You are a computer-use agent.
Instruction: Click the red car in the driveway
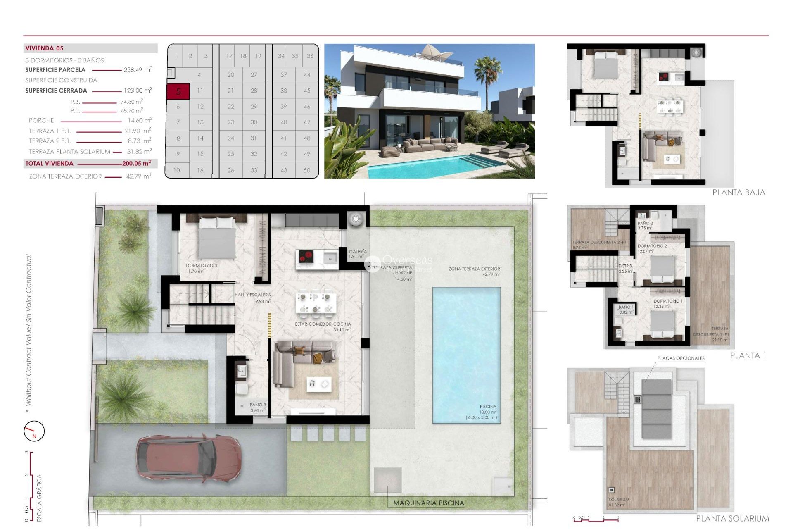pos(189,458)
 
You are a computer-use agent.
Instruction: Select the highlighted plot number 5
pos(178,91)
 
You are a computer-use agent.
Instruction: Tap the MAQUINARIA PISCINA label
pos(428,503)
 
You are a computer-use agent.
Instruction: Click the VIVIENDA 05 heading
pos(44,48)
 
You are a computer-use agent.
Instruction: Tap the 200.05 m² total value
pos(136,163)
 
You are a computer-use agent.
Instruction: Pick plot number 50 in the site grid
pos(306,170)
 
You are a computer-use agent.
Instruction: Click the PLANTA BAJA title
pos(738,193)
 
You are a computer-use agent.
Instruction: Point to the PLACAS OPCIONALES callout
pos(681,358)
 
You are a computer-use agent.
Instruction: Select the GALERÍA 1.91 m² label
pos(357,254)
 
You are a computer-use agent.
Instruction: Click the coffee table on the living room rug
pos(318,384)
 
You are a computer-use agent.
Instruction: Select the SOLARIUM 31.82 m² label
pos(618,502)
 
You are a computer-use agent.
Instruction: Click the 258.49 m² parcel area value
pos(138,70)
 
